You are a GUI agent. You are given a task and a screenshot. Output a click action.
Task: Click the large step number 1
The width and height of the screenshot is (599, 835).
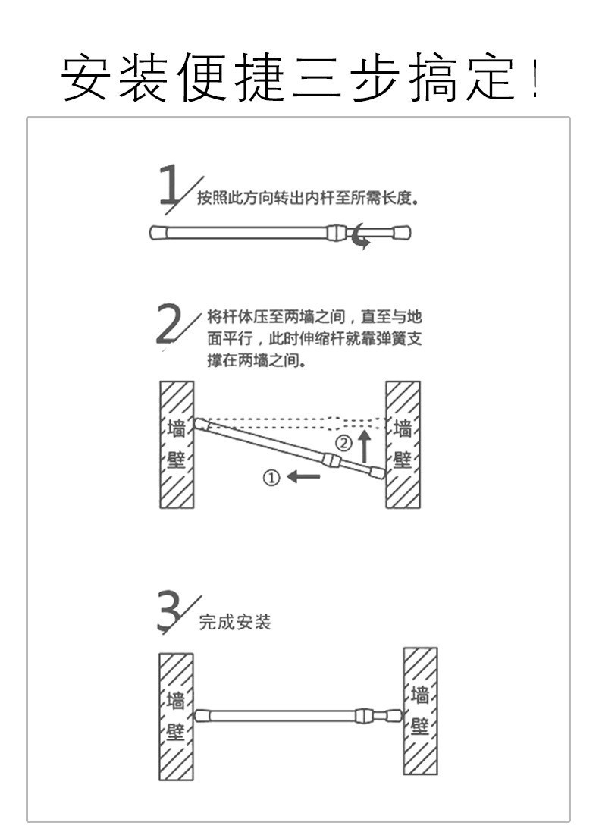click(169, 183)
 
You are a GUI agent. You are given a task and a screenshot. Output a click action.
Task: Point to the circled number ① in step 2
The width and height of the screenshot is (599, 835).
click(271, 477)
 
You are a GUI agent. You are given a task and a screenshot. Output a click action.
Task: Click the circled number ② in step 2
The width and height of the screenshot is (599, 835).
click(344, 443)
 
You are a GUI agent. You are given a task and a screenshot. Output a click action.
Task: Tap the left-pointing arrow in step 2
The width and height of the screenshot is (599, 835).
click(304, 477)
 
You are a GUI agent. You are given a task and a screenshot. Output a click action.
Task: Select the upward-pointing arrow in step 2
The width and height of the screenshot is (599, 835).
click(365, 446)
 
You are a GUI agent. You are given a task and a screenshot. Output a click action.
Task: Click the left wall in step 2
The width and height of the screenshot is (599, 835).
click(176, 444)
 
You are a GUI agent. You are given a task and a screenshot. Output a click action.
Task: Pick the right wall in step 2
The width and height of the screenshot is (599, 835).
click(403, 444)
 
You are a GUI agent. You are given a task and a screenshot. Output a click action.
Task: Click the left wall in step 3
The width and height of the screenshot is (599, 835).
click(176, 716)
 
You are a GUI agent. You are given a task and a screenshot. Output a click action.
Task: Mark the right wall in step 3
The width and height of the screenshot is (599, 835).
click(420, 711)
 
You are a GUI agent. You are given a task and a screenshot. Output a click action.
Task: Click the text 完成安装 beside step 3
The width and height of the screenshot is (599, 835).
click(235, 623)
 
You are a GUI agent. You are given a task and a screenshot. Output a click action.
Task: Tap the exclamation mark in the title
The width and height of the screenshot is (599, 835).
click(535, 79)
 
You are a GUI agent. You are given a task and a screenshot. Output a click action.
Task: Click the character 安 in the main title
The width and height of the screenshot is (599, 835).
click(86, 78)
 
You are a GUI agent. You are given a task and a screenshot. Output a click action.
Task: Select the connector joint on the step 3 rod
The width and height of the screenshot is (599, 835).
click(363, 715)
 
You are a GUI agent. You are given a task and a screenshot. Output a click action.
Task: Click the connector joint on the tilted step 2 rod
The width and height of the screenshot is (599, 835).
click(330, 460)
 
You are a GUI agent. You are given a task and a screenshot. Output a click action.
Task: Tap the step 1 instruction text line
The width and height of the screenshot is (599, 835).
click(308, 199)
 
